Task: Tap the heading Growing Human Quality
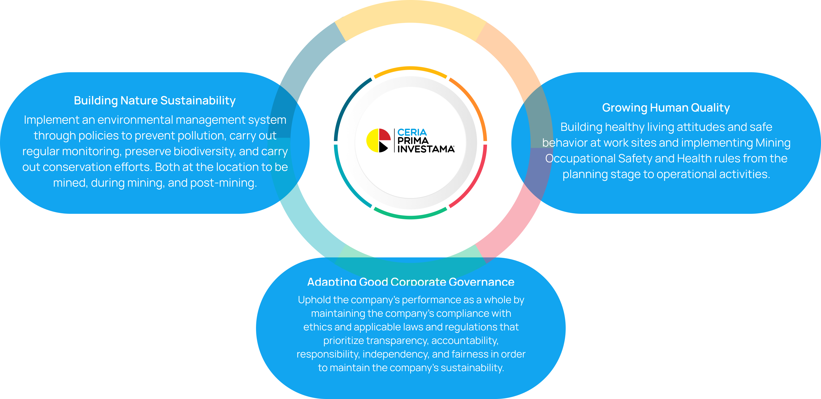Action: click(666, 108)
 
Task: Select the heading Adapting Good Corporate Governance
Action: click(410, 282)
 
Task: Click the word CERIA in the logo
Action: click(412, 132)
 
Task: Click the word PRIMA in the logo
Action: click(413, 141)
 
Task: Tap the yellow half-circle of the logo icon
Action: click(372, 141)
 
